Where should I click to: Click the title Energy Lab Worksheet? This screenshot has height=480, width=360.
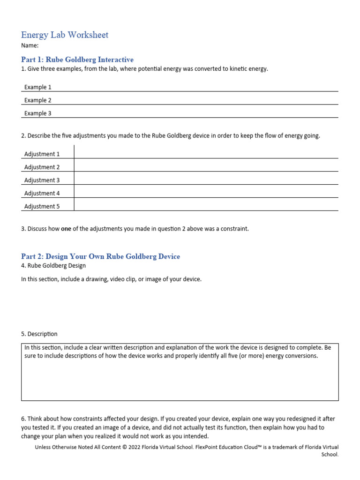point(65,35)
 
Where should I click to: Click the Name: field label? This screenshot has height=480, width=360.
point(30,46)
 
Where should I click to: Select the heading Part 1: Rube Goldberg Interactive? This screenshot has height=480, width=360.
point(77,60)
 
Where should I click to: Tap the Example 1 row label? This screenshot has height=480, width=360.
point(37,87)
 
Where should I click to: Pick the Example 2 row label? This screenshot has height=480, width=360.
point(37,100)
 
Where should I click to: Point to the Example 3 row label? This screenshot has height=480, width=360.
point(37,113)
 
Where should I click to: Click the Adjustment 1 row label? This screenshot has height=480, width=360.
point(42,154)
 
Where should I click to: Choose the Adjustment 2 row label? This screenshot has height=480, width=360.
point(42,167)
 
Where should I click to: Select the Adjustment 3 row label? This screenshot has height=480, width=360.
point(42,180)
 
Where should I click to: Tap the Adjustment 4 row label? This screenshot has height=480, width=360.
point(42,194)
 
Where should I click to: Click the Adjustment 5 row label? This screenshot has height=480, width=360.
point(42,207)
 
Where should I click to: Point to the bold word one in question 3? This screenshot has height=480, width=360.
point(66,229)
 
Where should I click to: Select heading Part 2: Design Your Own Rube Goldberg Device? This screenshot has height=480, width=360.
point(100,256)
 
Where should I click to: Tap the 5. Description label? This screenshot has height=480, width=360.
point(39,334)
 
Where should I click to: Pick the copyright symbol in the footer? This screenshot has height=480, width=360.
point(125,447)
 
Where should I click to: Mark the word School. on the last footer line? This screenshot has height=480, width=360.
point(330,454)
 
